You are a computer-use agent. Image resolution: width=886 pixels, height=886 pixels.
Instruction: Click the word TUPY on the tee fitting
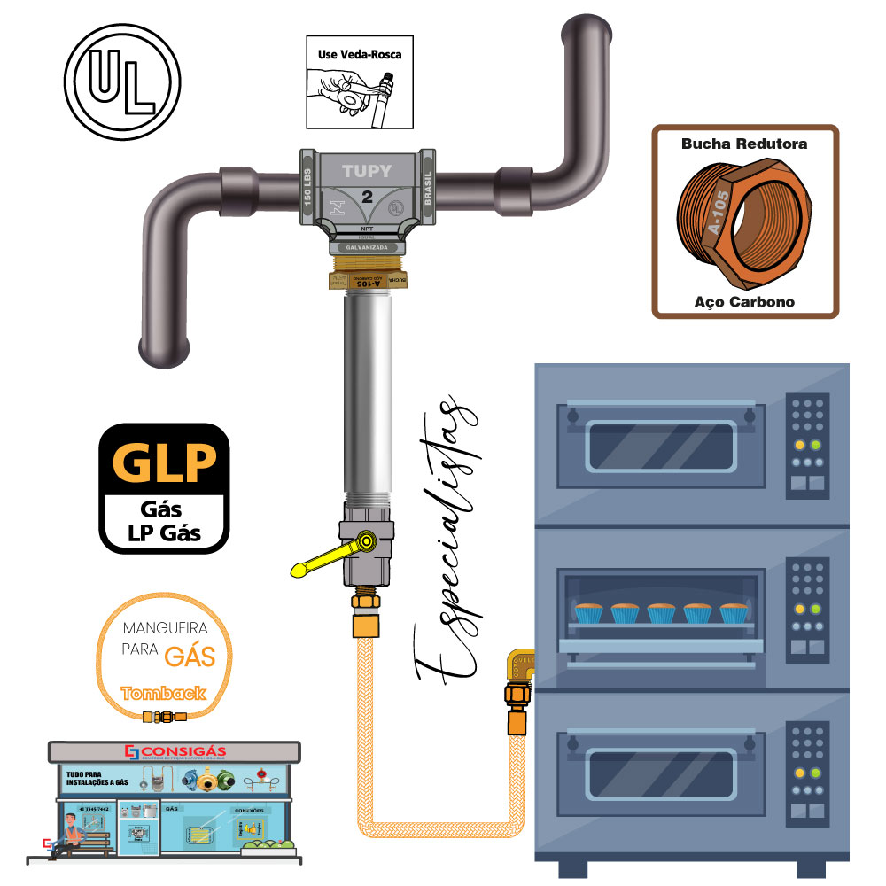[367, 171]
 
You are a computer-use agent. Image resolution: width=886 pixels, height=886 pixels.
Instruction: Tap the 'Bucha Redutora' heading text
[744, 143]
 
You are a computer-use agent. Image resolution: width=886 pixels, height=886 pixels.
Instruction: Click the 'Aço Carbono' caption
[744, 302]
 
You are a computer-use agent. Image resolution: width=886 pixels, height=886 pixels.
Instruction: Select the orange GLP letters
[163, 462]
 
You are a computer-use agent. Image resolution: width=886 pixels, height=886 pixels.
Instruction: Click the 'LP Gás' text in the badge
[163, 533]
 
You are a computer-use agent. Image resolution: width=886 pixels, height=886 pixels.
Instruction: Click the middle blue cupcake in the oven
[661, 612]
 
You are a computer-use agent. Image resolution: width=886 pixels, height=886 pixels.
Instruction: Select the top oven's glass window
[660, 446]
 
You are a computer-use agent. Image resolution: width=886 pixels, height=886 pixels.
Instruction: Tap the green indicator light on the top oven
[815, 445]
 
